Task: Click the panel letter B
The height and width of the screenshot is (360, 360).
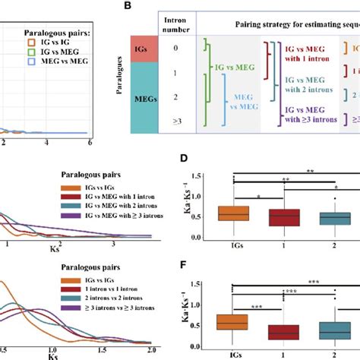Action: (x=138, y=7)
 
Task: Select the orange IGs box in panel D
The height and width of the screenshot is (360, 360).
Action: (x=234, y=213)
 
